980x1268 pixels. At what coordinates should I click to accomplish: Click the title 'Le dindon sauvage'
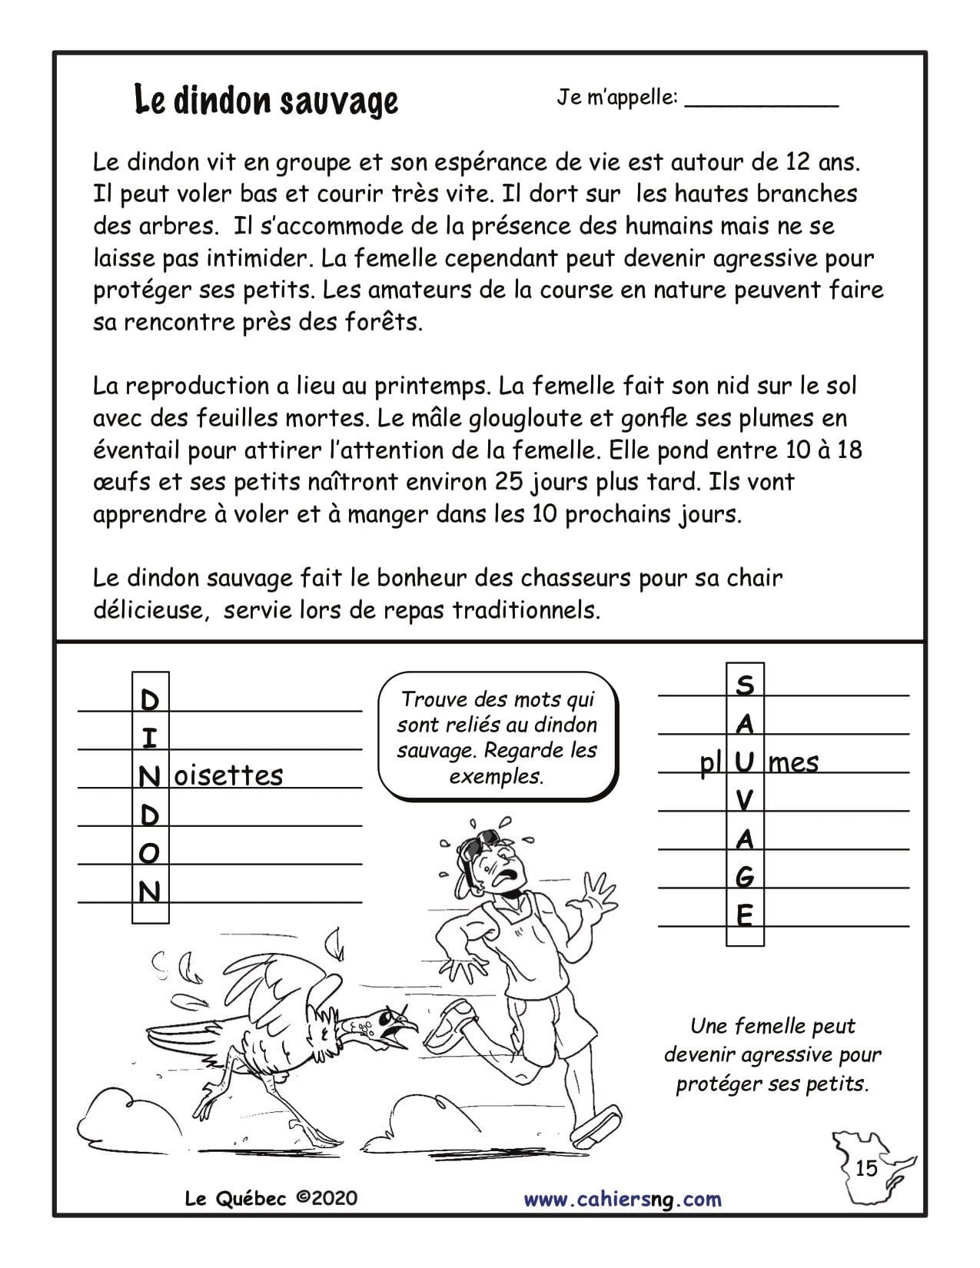pyautogui.click(x=266, y=100)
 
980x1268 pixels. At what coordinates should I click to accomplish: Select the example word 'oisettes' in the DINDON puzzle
pyautogui.click(x=229, y=775)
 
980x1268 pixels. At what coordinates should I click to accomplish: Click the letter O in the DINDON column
pyautogui.click(x=151, y=853)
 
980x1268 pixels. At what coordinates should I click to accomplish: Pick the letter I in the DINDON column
pyautogui.click(x=151, y=738)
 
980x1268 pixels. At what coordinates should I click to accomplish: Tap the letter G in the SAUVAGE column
pyautogui.click(x=745, y=877)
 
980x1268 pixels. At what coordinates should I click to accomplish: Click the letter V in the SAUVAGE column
pyautogui.click(x=745, y=801)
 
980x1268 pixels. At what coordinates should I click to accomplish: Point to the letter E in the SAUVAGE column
pyautogui.click(x=745, y=916)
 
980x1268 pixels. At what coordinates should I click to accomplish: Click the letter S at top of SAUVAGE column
pyautogui.click(x=745, y=685)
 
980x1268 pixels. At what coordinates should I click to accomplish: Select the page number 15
pyautogui.click(x=865, y=1169)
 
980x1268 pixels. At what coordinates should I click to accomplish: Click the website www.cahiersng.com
pyautogui.click(x=623, y=1199)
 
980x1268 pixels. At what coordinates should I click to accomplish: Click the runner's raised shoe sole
pyautogui.click(x=597, y=1126)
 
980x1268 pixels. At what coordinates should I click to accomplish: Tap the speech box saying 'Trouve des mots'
pyautogui.click(x=498, y=737)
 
